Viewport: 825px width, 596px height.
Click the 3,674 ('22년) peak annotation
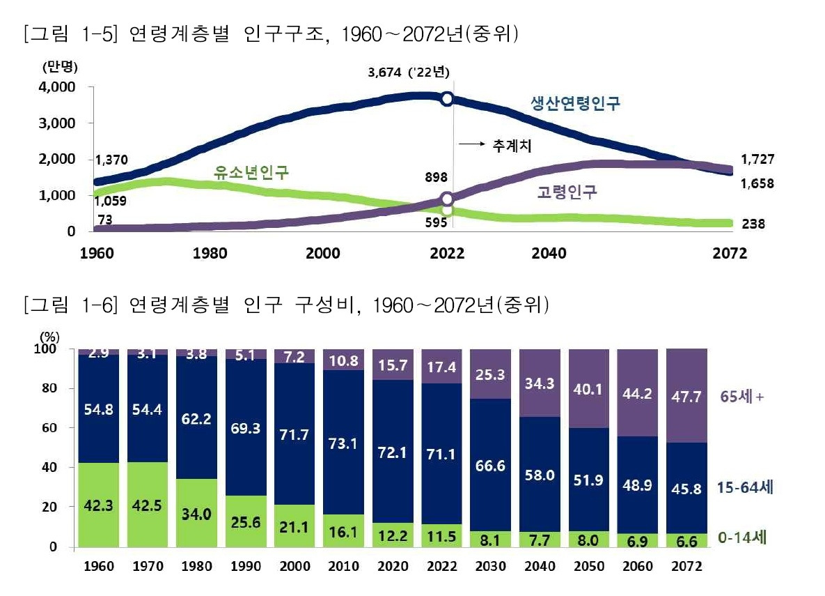pos(411,72)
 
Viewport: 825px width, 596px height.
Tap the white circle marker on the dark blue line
pos(448,99)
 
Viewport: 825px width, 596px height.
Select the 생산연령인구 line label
pos(574,105)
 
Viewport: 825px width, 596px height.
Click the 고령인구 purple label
pos(567,191)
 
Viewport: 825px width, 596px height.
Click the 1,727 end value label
pos(757,160)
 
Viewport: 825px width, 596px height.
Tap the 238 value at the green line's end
pos(753,224)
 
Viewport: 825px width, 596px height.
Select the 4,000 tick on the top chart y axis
pos(58,87)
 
